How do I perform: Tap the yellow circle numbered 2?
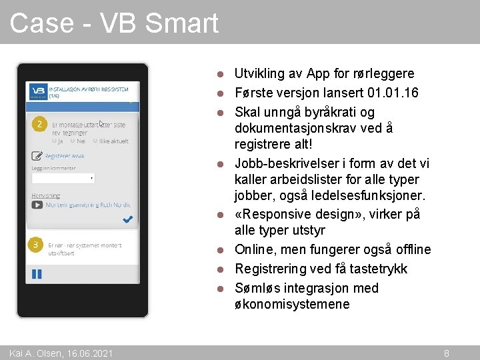point(39,125)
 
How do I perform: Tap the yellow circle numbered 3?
point(37,246)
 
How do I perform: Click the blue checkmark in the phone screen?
point(127,219)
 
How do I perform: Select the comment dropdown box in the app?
point(63,178)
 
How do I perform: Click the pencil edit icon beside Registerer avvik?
point(37,156)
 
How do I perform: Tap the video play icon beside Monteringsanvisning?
point(37,205)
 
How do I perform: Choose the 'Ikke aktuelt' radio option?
point(96,141)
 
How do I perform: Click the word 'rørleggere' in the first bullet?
point(383,73)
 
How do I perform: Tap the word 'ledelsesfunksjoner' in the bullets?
point(377,195)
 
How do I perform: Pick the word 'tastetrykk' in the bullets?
point(377,269)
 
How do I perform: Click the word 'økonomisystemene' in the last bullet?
point(292,304)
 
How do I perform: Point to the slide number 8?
point(447,353)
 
